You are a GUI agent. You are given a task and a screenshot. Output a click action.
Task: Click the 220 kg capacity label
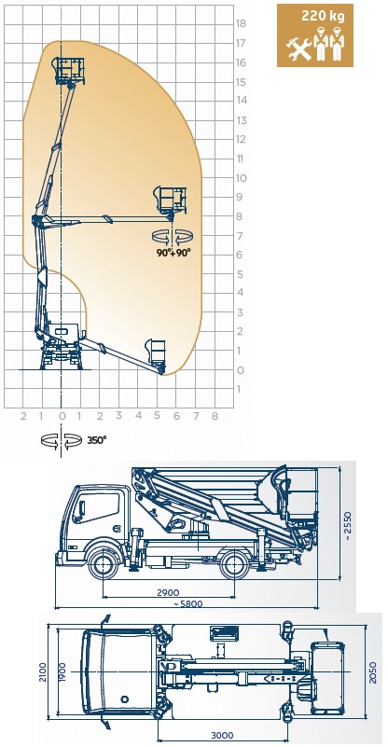point(322,16)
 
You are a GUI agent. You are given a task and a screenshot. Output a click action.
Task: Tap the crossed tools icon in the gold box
point(298,49)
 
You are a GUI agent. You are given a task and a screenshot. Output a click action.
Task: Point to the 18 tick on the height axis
point(242,23)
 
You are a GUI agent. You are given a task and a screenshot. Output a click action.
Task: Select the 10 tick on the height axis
point(242,178)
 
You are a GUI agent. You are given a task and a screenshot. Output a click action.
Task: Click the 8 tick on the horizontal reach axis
point(215,416)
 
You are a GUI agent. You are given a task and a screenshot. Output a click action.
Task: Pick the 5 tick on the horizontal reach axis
point(158,416)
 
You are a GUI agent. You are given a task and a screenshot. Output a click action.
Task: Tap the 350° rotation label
point(97,440)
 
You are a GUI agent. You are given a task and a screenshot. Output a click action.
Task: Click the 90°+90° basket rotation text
point(173,253)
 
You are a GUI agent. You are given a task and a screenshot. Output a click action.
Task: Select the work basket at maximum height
point(70,71)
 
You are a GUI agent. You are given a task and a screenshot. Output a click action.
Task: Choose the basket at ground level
point(156,353)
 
